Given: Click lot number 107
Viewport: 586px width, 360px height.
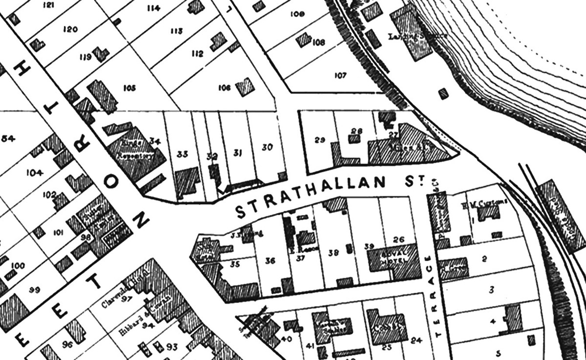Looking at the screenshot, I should coord(340,76).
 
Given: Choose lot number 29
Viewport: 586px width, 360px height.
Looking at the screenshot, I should coord(320,140).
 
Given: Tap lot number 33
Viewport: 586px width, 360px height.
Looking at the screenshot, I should coord(183,154).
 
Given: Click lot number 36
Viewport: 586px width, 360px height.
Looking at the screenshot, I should coord(270,261).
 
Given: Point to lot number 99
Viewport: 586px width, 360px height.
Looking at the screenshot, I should coord(34,291).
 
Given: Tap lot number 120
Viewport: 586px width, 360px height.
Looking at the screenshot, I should coord(70,29).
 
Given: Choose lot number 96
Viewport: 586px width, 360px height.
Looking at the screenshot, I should coord(67,344).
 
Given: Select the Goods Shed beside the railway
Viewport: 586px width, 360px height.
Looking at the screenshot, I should coord(554,205).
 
